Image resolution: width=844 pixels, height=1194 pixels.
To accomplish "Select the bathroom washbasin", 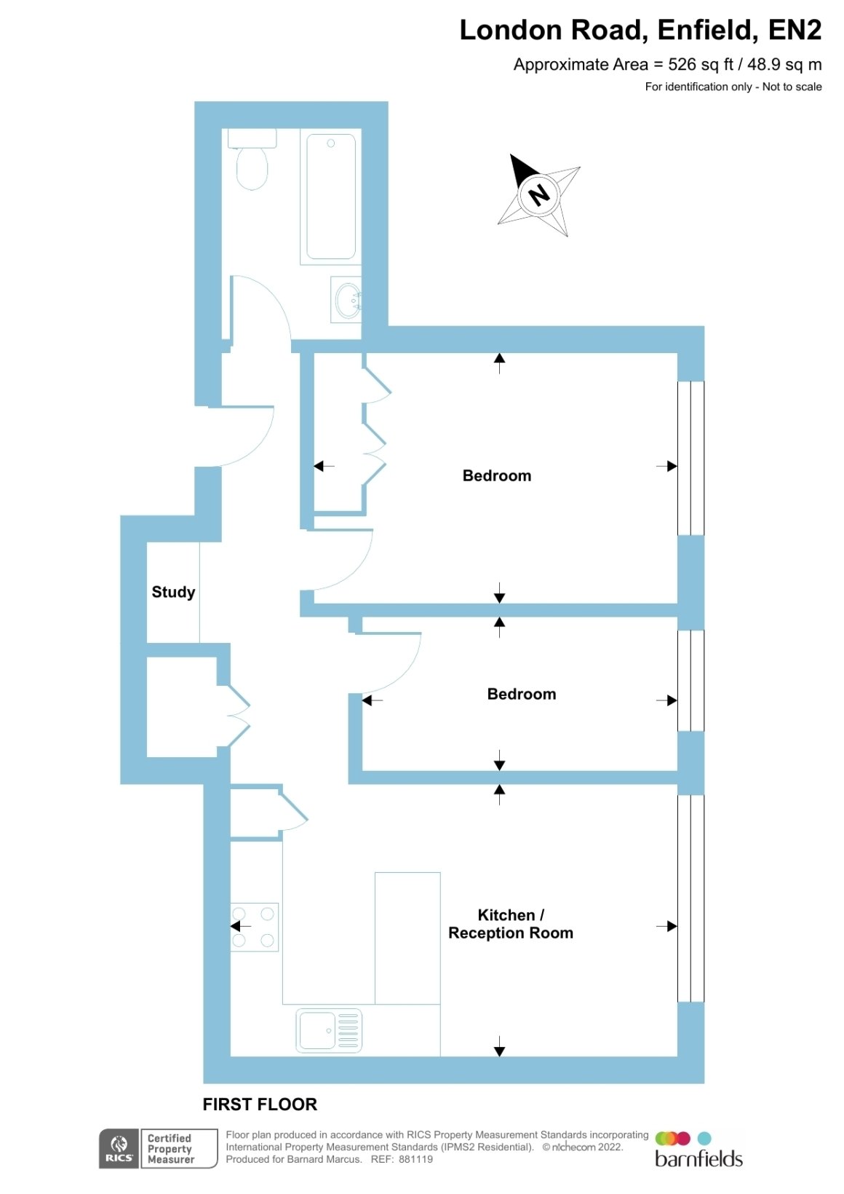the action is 346,299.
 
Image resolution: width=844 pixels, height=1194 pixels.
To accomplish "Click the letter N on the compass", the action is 538,194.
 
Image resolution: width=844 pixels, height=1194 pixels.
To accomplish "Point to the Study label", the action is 173,592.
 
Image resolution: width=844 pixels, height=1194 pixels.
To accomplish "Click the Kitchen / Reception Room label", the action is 511,924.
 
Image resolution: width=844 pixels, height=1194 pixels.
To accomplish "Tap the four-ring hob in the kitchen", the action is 254,927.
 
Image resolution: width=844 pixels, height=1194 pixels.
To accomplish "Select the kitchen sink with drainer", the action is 329,1031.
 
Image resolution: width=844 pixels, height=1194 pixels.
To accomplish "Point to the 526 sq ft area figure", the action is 701,65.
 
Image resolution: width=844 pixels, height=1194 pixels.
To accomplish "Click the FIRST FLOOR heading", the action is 260,1104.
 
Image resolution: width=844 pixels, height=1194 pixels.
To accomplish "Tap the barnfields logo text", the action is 698,1158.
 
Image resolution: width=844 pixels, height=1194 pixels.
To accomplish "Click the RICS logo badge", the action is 119,1149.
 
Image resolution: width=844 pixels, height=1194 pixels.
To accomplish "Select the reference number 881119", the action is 415,1159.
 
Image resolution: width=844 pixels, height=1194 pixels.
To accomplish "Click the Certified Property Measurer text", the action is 170,1149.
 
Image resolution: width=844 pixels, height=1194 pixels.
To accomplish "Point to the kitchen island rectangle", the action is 407,938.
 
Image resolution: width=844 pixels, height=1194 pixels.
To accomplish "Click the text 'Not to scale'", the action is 792,87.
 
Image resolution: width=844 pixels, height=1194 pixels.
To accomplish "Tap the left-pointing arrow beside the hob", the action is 240,926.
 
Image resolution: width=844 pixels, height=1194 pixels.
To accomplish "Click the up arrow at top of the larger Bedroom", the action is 499,363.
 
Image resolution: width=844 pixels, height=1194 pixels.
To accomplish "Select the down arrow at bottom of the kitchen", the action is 499,1045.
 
